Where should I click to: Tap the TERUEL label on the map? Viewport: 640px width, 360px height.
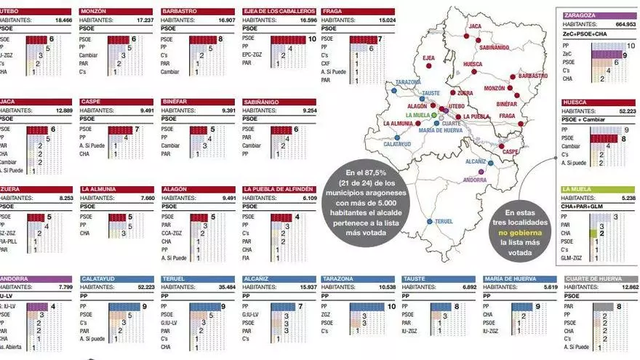(444, 222)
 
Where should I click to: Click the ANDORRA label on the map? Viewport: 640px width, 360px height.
(475, 180)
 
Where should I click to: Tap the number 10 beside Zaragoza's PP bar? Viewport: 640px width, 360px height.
(630, 45)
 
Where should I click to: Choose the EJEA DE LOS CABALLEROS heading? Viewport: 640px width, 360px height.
(279, 12)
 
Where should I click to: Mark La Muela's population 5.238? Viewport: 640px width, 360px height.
(625, 197)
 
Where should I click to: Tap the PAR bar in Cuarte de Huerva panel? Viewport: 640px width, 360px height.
(604, 307)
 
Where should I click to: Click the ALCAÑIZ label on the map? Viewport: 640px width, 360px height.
(476, 161)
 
